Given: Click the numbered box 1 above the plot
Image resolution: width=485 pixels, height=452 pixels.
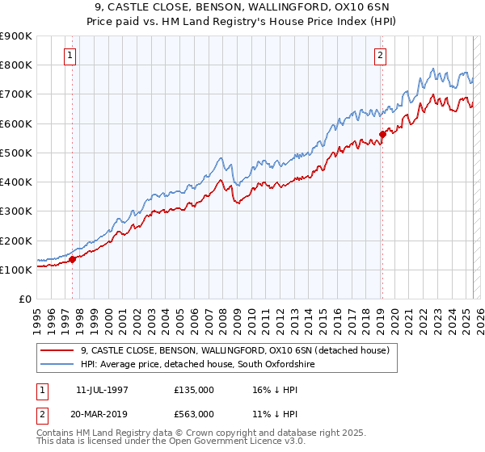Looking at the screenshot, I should tap(70, 56).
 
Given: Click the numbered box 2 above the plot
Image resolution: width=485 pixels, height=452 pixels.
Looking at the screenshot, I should tap(380, 56).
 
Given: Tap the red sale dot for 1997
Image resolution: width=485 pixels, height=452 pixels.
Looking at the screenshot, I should tap(72, 259).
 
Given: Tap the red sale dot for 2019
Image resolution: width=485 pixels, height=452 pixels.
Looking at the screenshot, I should tap(382, 135).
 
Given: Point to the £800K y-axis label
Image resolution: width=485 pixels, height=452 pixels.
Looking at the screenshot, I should tap(16, 65).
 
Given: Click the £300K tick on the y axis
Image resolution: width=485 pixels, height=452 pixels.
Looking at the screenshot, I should tap(16, 211).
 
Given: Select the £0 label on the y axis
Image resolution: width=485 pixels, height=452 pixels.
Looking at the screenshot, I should tap(25, 299).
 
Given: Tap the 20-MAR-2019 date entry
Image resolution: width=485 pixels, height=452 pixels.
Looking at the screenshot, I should tap(106, 413).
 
